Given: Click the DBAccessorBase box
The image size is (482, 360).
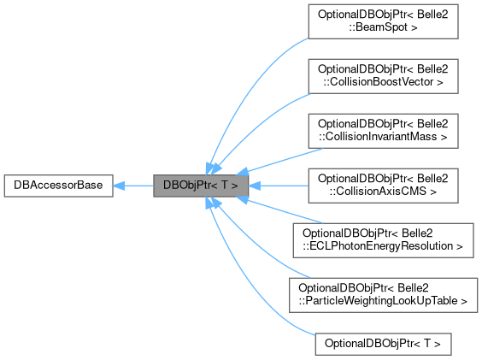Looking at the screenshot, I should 58,185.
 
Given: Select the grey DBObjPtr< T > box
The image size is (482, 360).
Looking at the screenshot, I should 202,185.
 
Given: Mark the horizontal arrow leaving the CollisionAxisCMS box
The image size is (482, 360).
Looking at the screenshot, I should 282,185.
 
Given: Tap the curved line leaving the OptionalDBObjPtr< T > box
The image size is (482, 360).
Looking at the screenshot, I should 248,291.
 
